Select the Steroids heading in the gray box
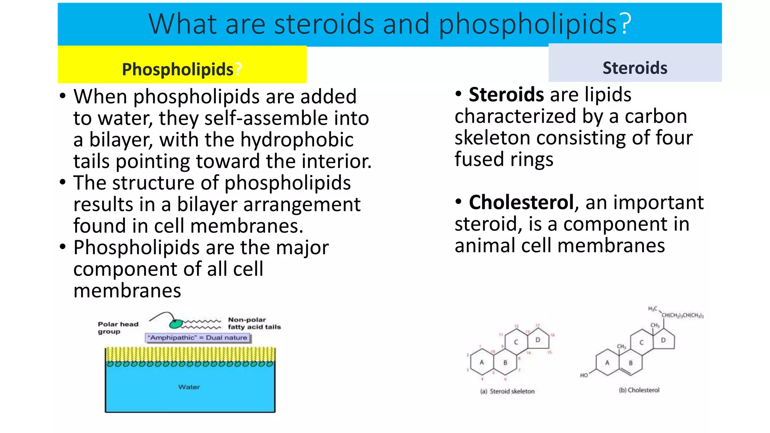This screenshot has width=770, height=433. coord(635,68)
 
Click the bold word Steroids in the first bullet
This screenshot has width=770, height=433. coord(506,94)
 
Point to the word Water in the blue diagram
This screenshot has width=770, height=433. coord(189,387)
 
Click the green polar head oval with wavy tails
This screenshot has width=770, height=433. coord(176,323)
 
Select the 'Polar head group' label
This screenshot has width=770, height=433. coord(118,328)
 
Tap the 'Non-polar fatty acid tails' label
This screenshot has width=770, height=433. coord(254,323)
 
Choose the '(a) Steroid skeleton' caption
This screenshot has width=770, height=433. coord(507,391)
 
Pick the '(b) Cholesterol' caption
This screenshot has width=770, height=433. coord(639,390)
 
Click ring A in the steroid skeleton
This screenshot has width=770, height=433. coord(482,362)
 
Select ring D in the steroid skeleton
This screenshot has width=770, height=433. coord(538,340)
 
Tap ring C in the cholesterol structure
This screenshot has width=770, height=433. coord(641,342)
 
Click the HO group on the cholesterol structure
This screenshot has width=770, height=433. coord(584,375)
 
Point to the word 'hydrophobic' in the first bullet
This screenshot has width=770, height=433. coord(297,140)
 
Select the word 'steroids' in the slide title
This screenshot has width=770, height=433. coord(324,24)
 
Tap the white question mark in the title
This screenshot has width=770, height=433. coord(625,24)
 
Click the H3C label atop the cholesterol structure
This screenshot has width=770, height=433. coord(653,309)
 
